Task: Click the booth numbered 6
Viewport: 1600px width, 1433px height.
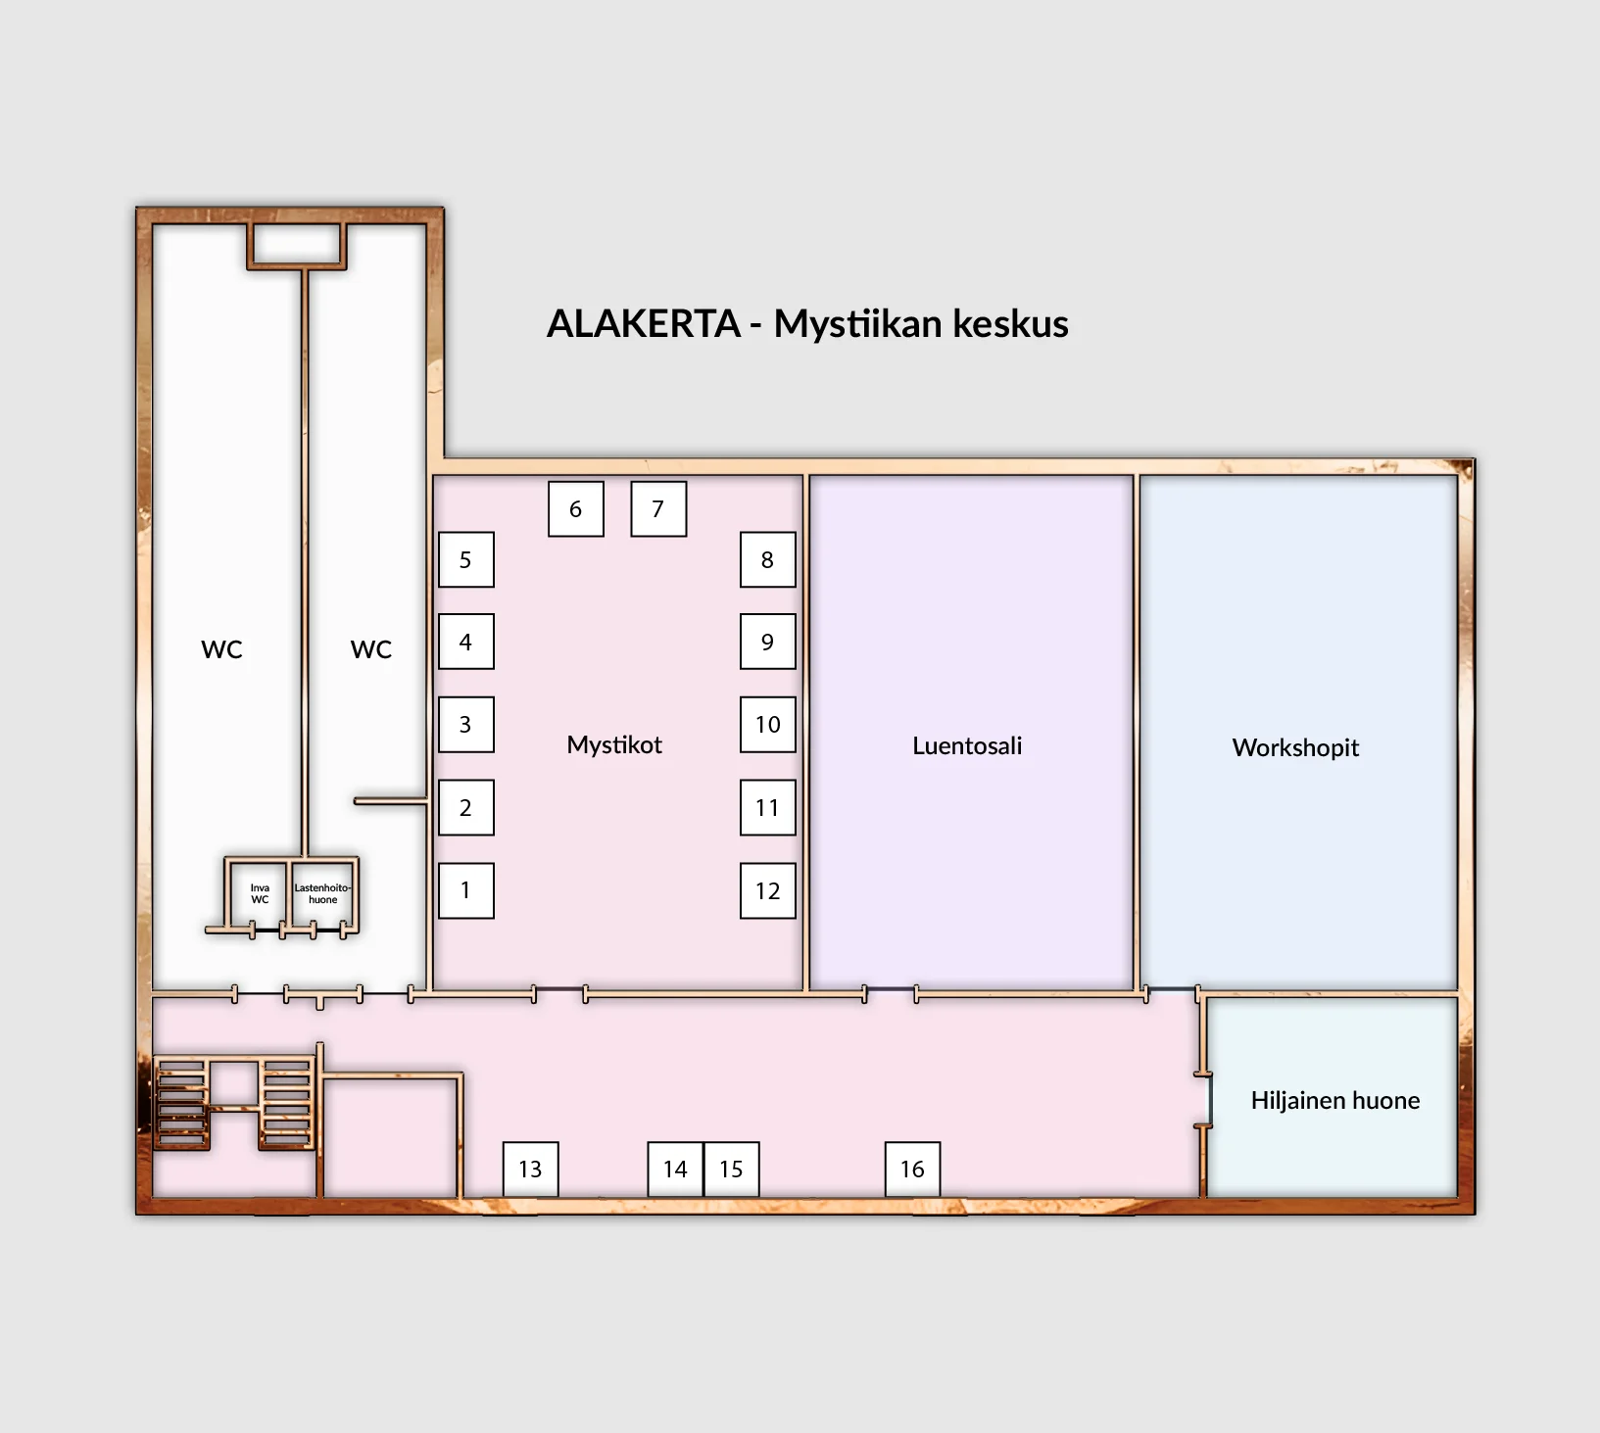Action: (x=576, y=509)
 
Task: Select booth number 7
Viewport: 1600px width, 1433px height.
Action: (x=658, y=509)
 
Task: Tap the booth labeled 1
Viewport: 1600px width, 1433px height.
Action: (x=466, y=890)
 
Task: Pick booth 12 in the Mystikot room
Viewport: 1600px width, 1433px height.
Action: (x=768, y=890)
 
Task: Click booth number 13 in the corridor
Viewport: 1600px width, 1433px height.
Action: (x=531, y=1169)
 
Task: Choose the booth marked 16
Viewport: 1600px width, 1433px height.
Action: (x=913, y=1169)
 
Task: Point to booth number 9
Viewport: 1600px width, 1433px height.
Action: (x=768, y=642)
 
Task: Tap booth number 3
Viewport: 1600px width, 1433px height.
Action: (x=466, y=725)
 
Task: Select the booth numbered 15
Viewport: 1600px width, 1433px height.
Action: (x=732, y=1169)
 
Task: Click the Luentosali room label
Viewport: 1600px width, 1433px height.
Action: (x=967, y=745)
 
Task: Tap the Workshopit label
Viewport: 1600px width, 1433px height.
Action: (x=1295, y=747)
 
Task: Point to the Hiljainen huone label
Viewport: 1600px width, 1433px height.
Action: (x=1335, y=1100)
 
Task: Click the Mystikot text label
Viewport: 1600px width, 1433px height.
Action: (x=614, y=744)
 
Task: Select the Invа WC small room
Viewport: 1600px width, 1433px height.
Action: (x=259, y=893)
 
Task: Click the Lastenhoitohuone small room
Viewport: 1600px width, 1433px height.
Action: (x=322, y=893)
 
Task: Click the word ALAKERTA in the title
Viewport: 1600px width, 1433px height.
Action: (x=643, y=323)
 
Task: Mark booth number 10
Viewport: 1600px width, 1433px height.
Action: (x=768, y=725)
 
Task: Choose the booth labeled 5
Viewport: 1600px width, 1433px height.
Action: (x=466, y=559)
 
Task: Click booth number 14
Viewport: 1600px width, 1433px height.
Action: (x=676, y=1169)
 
